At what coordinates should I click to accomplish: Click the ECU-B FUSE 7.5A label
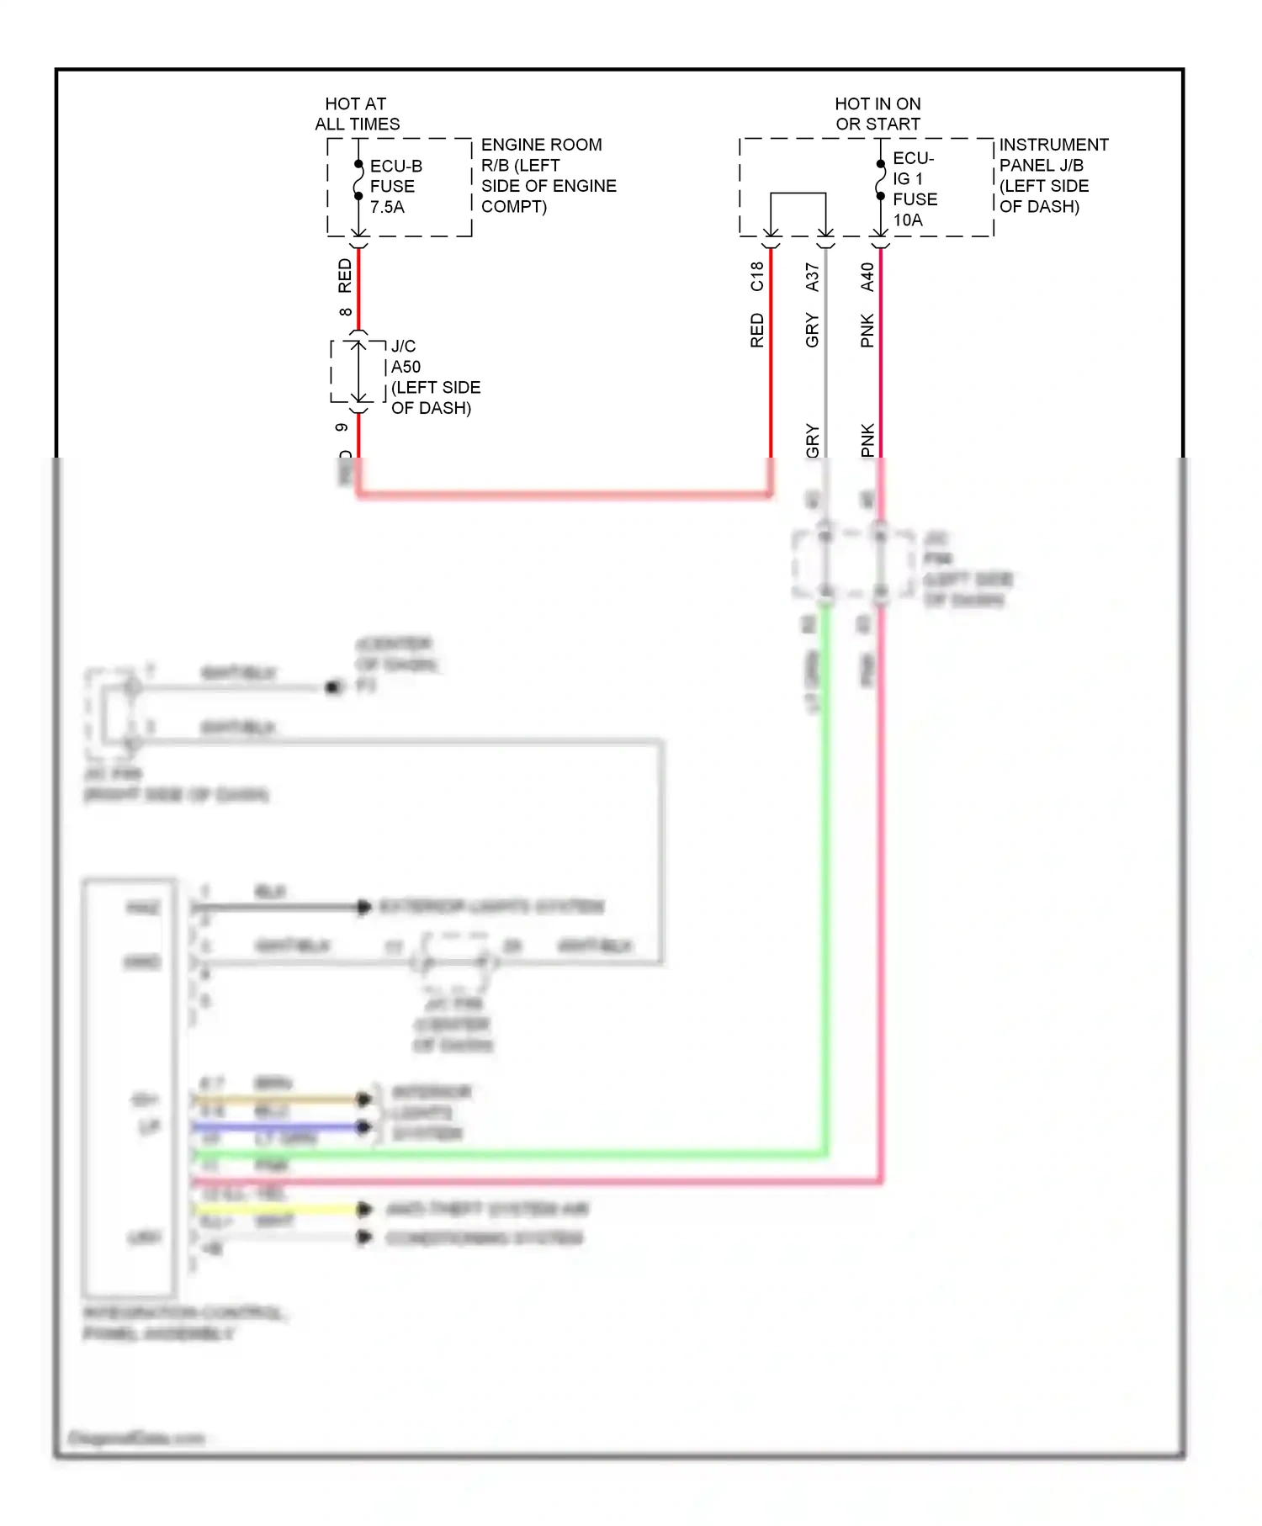tap(395, 187)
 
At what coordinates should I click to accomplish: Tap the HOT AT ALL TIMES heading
tap(357, 114)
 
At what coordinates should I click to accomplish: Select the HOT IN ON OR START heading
tap(878, 114)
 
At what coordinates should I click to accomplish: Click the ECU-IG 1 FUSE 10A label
tap(915, 189)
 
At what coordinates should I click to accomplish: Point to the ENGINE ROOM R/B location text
tap(548, 175)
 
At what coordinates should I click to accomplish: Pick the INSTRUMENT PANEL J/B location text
tap(1053, 175)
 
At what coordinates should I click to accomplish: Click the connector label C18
tap(757, 276)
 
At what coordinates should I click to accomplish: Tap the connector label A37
tap(812, 277)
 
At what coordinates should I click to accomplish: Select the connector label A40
tap(867, 277)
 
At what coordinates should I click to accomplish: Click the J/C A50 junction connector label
tap(434, 377)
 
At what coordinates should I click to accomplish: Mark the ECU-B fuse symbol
tap(358, 180)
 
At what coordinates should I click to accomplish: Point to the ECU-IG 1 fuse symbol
tap(880, 180)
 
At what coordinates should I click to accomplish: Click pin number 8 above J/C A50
tap(345, 312)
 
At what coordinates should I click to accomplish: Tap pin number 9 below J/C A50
tap(342, 427)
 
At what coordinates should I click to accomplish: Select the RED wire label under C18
tap(757, 330)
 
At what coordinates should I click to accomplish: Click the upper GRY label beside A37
tap(812, 330)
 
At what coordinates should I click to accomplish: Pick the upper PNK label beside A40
tap(867, 330)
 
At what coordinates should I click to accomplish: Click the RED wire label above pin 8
tap(345, 276)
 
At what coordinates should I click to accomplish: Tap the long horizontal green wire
tap(505, 1154)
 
